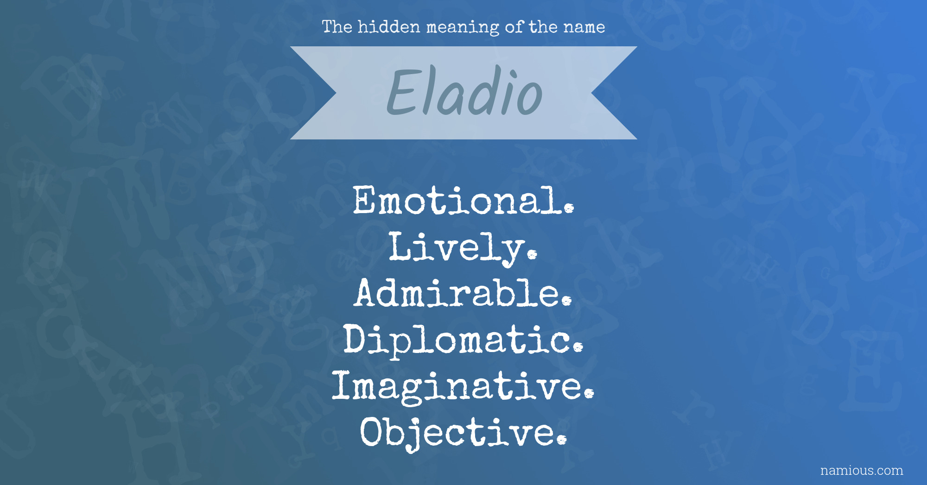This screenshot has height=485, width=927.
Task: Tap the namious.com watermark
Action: click(x=862, y=471)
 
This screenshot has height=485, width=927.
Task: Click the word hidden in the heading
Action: click(x=389, y=27)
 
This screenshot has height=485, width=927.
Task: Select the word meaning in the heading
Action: click(x=463, y=28)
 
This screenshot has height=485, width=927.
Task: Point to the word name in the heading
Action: click(x=584, y=27)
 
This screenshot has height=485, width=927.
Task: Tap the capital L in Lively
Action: click(x=399, y=246)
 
